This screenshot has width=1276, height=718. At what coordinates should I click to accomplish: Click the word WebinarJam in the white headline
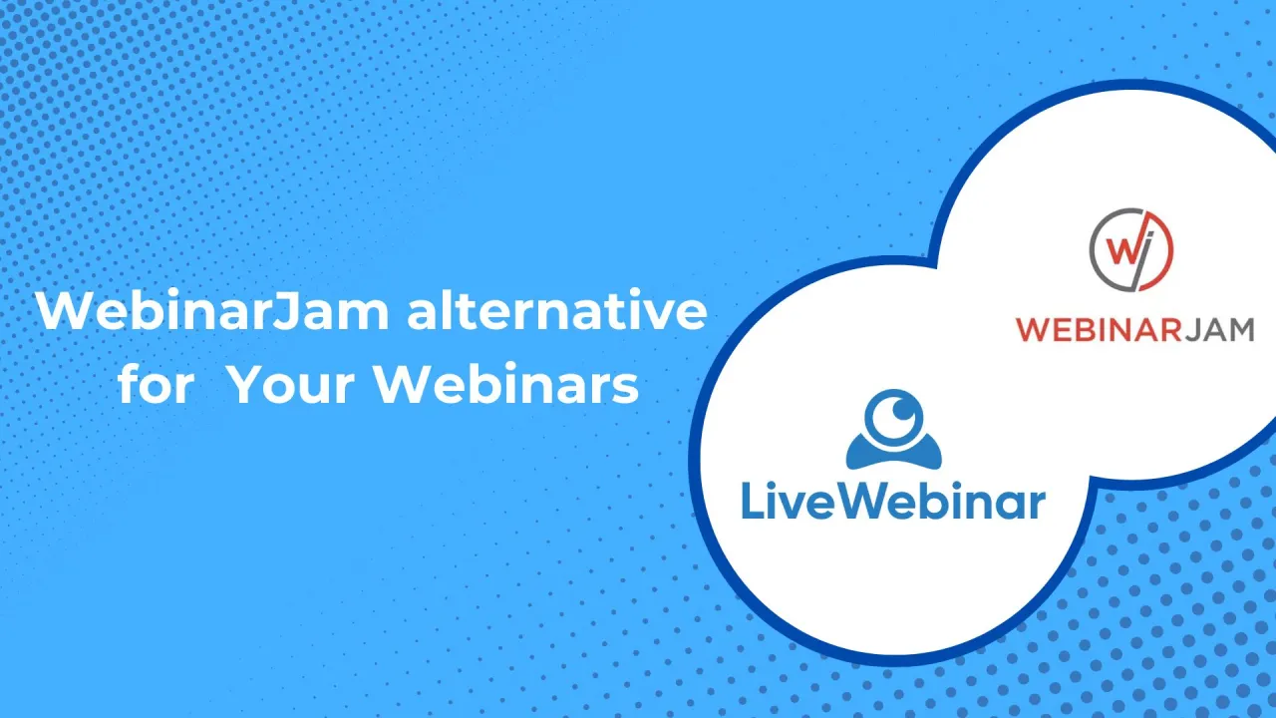pyautogui.click(x=212, y=312)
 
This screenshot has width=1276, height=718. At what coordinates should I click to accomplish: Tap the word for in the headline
pyautogui.click(x=155, y=385)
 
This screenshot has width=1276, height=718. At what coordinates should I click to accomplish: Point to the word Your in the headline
pyautogui.click(x=289, y=385)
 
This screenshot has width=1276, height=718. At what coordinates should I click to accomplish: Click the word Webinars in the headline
pyautogui.click(x=505, y=385)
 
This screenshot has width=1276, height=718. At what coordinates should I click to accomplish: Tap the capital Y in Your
pyautogui.click(x=244, y=385)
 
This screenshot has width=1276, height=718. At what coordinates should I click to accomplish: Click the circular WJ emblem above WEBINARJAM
pyautogui.click(x=1130, y=250)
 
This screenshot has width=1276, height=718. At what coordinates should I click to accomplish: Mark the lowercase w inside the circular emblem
pyautogui.click(x=1120, y=251)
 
